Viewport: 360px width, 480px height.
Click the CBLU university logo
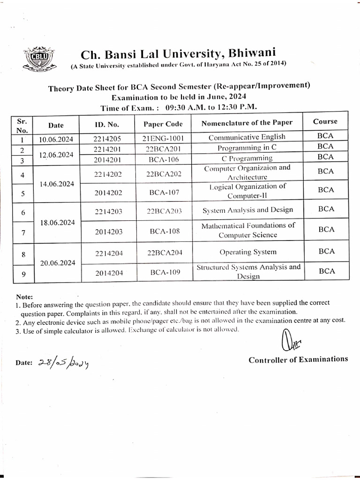[x=36, y=59]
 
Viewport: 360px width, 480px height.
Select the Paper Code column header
[x=163, y=125]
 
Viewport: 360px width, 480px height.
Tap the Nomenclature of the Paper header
[x=247, y=123]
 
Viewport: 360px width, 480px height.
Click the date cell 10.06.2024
[x=56, y=139]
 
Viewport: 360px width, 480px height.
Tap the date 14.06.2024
[x=58, y=184]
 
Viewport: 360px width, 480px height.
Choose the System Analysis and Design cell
[x=247, y=210]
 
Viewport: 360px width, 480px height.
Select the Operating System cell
[x=248, y=252]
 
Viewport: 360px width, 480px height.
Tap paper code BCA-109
[x=165, y=272]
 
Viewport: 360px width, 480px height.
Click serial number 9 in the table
[x=23, y=275]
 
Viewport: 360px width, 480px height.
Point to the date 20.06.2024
[x=58, y=263]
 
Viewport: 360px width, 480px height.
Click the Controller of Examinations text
[x=298, y=360]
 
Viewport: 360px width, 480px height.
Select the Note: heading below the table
[x=24, y=297]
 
